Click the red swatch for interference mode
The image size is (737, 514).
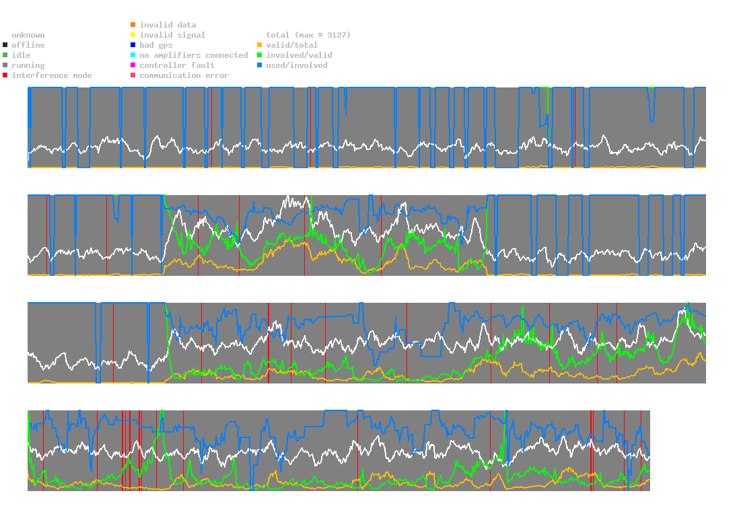coord(5,75)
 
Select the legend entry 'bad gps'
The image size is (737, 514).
coord(155,45)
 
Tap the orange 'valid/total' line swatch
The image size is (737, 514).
coord(260,45)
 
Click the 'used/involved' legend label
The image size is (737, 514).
coord(297,65)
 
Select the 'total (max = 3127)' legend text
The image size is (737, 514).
coord(308,35)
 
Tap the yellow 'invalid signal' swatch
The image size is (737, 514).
coord(133,35)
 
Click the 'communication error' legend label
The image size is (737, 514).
coord(184,75)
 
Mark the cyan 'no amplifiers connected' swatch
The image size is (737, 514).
coord(133,55)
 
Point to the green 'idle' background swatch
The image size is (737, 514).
coord(5,55)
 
